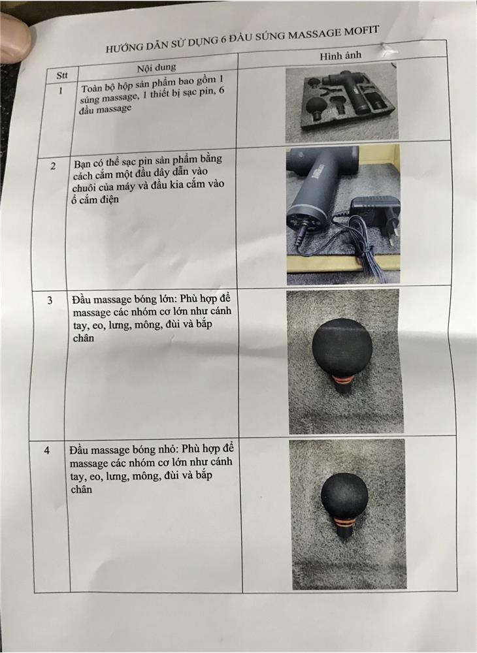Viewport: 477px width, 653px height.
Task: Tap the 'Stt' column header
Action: point(62,75)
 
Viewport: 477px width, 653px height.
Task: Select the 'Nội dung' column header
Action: point(157,67)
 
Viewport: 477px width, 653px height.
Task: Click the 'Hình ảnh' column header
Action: point(340,56)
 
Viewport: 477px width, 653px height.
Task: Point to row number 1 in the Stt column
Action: point(61,90)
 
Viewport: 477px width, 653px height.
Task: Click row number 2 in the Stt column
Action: point(53,167)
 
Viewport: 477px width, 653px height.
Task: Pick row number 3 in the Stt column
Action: point(50,300)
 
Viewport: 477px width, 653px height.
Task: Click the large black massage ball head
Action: point(342,347)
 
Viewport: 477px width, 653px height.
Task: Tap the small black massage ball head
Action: point(344,496)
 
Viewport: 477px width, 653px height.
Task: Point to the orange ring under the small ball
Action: point(345,522)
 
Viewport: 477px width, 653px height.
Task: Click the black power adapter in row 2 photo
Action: point(375,219)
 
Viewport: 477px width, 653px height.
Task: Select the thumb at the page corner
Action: point(14,37)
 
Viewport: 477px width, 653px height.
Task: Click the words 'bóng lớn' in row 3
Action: point(159,300)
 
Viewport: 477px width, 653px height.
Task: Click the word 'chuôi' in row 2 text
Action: point(84,188)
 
